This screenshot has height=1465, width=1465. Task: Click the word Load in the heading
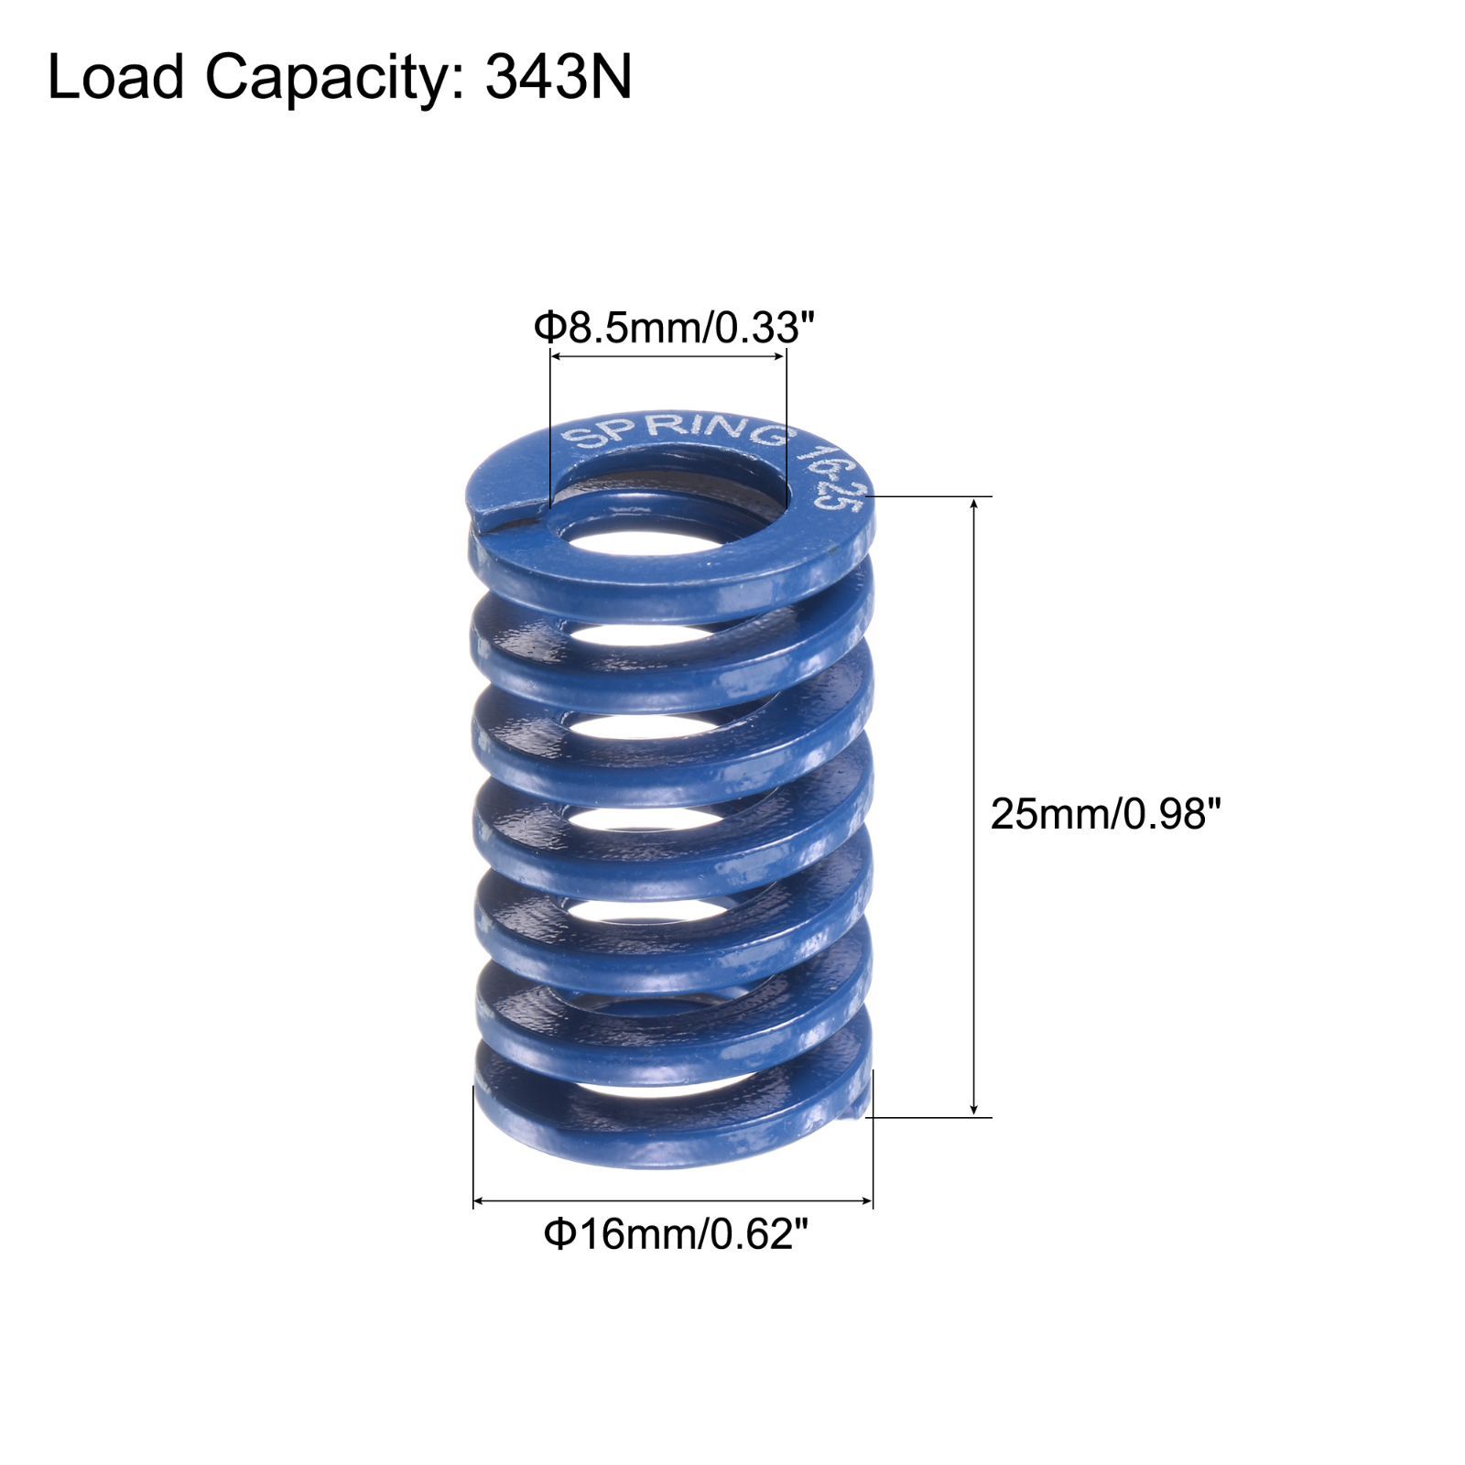pos(116,76)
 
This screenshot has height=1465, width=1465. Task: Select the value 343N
pos(559,76)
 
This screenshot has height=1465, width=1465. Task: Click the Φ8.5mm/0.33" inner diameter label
pos(674,328)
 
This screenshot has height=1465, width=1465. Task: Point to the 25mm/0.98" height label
pos(1106,813)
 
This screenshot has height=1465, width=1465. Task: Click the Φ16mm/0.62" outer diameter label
pos(677,1235)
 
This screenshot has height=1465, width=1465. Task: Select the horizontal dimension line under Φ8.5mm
pos(667,359)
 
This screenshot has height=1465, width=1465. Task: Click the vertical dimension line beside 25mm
pos(974,807)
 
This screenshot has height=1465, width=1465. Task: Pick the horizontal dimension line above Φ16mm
pos(673,1200)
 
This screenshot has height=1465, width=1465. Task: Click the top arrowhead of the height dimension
pos(974,506)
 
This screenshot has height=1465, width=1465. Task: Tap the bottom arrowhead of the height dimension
pos(974,1108)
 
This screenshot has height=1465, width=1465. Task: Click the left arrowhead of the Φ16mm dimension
pos(482,1200)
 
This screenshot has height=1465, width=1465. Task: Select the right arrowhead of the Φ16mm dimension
pos(864,1200)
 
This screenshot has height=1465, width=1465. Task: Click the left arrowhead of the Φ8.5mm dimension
pos(558,359)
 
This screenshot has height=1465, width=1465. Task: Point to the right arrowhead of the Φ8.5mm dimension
pos(778,359)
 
